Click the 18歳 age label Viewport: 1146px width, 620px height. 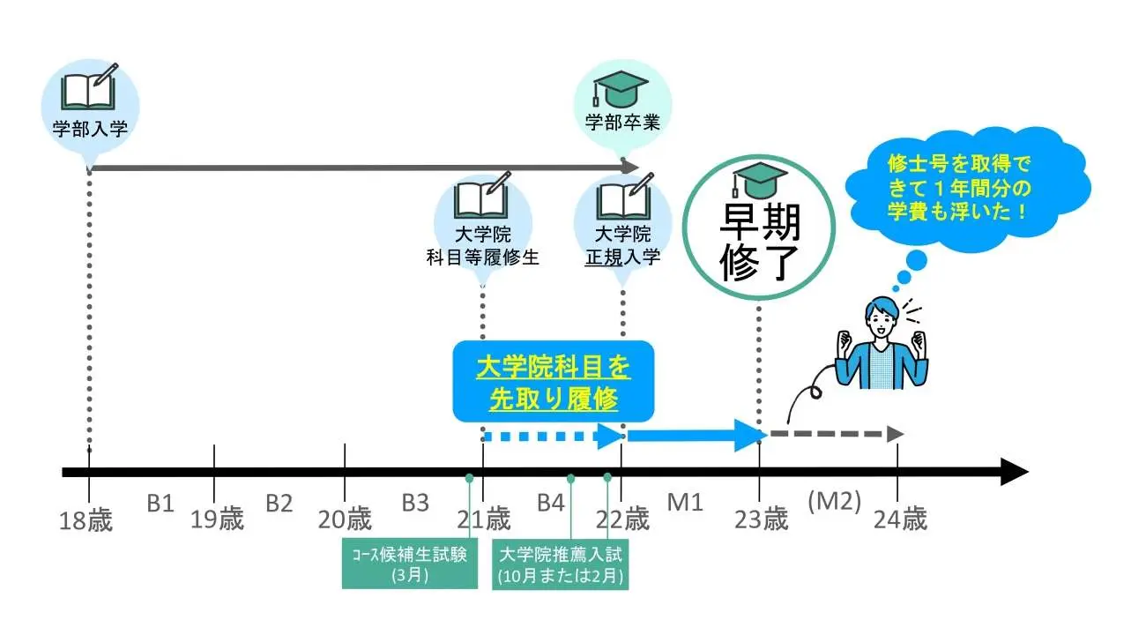pyautogui.click(x=87, y=519)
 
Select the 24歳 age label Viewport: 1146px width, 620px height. pyautogui.click(x=900, y=519)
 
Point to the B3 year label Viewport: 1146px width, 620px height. pyautogui.click(x=415, y=503)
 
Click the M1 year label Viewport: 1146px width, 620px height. pyautogui.click(x=684, y=503)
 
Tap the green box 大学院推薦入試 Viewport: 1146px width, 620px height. pyautogui.click(x=560, y=565)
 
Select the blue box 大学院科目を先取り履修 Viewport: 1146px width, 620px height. pyautogui.click(x=554, y=381)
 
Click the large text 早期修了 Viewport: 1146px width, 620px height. pyautogui.click(x=759, y=242)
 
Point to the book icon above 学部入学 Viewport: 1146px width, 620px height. pyautogui.click(x=89, y=88)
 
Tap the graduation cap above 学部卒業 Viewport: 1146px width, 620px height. pyautogui.click(x=622, y=88)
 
